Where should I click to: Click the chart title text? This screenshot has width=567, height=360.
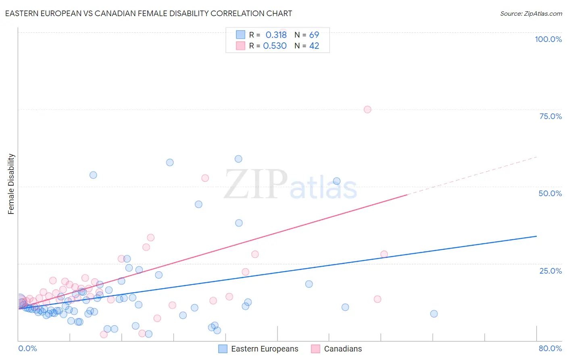[148, 13]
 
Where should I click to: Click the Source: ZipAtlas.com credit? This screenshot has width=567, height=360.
[531, 13]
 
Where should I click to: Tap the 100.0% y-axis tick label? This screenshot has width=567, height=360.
[548, 39]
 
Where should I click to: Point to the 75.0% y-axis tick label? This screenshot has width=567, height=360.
[550, 116]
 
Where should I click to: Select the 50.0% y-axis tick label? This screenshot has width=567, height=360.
[550, 193]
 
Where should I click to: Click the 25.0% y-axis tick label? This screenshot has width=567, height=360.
[550, 271]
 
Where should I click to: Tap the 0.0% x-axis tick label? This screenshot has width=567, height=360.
[27, 348]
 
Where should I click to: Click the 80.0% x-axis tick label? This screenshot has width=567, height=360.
[550, 348]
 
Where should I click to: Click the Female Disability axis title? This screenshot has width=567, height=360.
[11, 184]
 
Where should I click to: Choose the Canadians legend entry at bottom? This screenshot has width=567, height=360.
[343, 349]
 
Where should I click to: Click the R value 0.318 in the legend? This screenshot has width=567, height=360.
[276, 35]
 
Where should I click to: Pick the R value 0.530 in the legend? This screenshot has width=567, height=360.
[275, 46]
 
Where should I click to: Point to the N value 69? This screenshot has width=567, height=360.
[314, 35]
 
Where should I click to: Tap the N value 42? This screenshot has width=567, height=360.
[314, 46]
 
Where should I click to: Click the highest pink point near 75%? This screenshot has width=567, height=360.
[367, 109]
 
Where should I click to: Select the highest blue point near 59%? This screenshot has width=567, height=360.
[238, 159]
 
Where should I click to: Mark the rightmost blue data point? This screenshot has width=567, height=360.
[434, 314]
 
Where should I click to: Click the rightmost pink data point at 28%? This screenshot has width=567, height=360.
[384, 254]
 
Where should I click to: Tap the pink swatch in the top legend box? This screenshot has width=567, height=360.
[240, 46]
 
